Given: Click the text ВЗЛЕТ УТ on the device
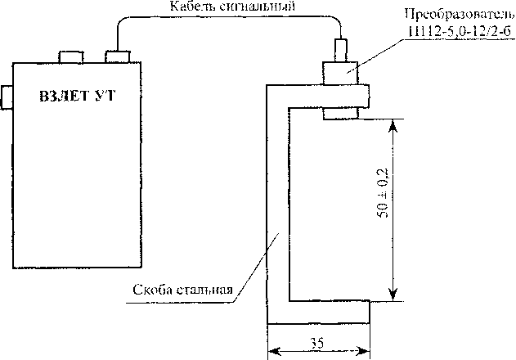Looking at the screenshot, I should (x=78, y=96).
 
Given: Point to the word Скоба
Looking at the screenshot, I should (x=153, y=289).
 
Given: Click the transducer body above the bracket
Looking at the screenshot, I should (x=339, y=72).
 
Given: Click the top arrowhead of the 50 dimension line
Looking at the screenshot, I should (x=393, y=124).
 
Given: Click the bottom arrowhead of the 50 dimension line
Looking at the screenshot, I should (x=393, y=296).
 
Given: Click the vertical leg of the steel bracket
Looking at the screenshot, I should (x=279, y=213).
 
